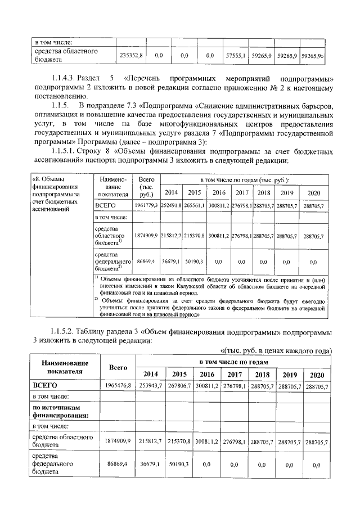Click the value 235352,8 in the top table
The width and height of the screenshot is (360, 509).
point(131,55)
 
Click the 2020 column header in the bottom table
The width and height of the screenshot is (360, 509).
point(317,374)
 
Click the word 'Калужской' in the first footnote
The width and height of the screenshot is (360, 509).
point(186,286)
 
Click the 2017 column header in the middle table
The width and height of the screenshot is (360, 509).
point(242,192)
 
